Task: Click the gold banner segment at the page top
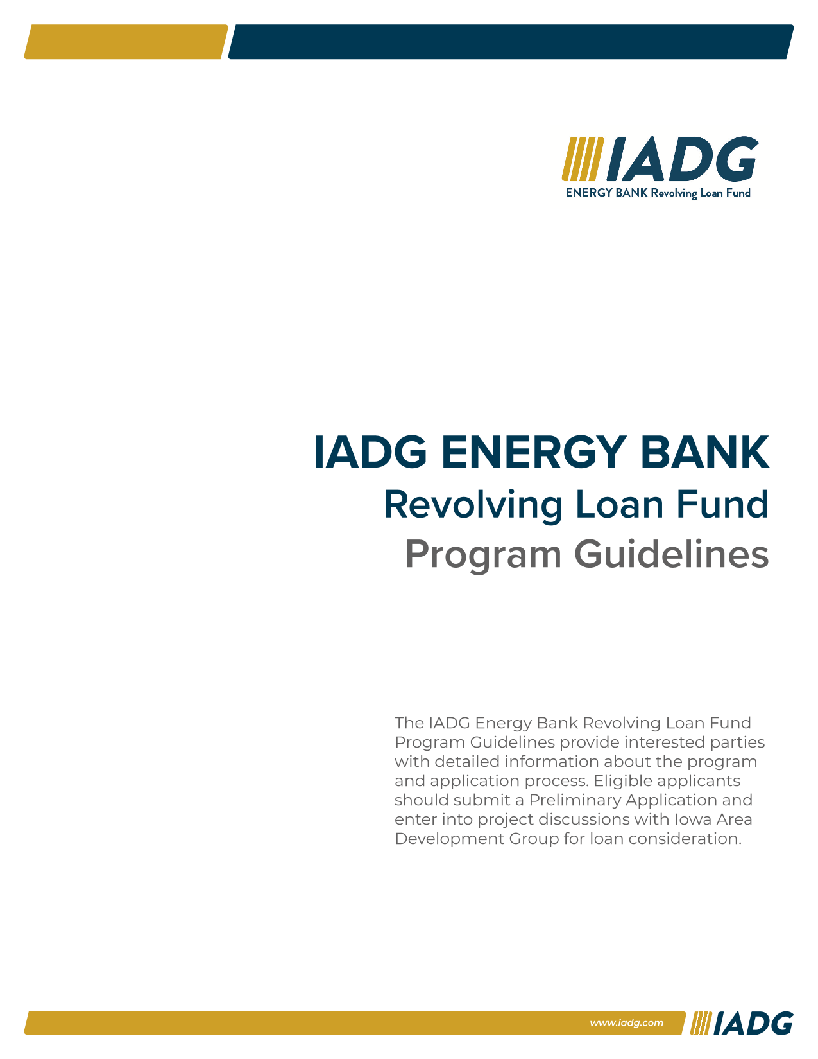point(126,42)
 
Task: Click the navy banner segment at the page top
point(511,42)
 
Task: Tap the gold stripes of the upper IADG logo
point(583,159)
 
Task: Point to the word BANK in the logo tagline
point(631,193)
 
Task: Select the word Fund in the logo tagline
point(738,193)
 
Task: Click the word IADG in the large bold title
point(370,452)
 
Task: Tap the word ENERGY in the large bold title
point(533,452)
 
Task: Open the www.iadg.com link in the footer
point(626,1023)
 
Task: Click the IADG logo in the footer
point(742,1023)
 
